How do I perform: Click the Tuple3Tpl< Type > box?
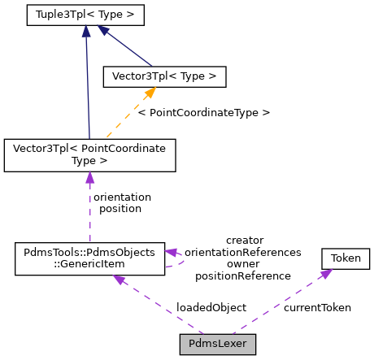(x=85, y=15)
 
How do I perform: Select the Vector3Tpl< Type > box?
(x=163, y=76)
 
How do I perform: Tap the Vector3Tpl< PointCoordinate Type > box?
(x=89, y=155)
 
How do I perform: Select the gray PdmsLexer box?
(x=218, y=344)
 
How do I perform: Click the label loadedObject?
(x=211, y=308)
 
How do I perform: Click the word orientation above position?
(x=122, y=197)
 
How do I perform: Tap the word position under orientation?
(x=120, y=208)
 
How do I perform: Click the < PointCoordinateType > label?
(x=203, y=112)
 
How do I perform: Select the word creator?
(x=244, y=240)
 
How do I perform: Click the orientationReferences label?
(x=248, y=252)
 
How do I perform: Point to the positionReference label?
(x=243, y=275)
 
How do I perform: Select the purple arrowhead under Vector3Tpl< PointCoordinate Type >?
(x=89, y=178)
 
